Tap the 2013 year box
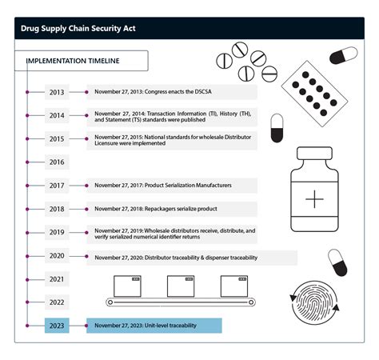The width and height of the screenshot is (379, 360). pos(57,92)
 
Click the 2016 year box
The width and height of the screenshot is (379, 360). pos(57,162)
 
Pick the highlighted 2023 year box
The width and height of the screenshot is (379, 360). pos(57,326)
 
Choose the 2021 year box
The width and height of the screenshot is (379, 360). pos(57,279)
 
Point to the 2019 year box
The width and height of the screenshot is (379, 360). pos(57,233)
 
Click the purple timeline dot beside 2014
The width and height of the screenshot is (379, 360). pos(28,115)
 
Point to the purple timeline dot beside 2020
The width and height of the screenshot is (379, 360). pos(28,256)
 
